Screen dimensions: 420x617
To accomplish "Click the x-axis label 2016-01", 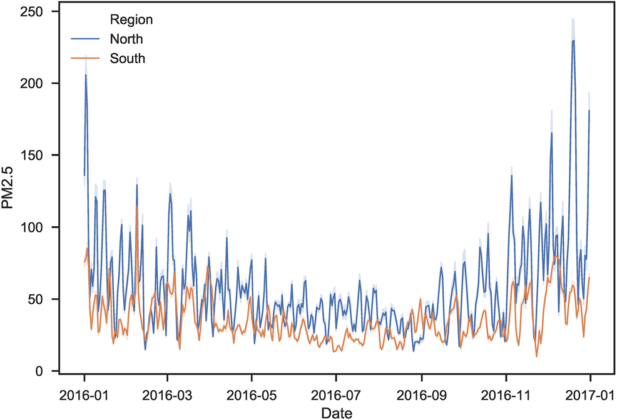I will tap(84, 395).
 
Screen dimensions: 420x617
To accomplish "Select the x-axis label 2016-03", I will tap(167, 395).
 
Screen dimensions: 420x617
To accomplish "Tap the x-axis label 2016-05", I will tap(252, 395).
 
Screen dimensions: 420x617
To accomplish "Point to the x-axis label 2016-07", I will tap(336, 395).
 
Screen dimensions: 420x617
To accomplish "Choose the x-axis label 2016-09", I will tap(421, 395).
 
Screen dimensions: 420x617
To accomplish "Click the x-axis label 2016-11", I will tap(506, 395).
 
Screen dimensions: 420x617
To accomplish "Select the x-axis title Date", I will tap(337, 412).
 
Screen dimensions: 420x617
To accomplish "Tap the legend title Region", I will tap(131, 20).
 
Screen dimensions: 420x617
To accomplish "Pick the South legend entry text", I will tap(127, 59).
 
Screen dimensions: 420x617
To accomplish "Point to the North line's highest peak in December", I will tap(573, 41).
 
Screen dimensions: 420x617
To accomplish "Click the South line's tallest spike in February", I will tap(137, 206).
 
